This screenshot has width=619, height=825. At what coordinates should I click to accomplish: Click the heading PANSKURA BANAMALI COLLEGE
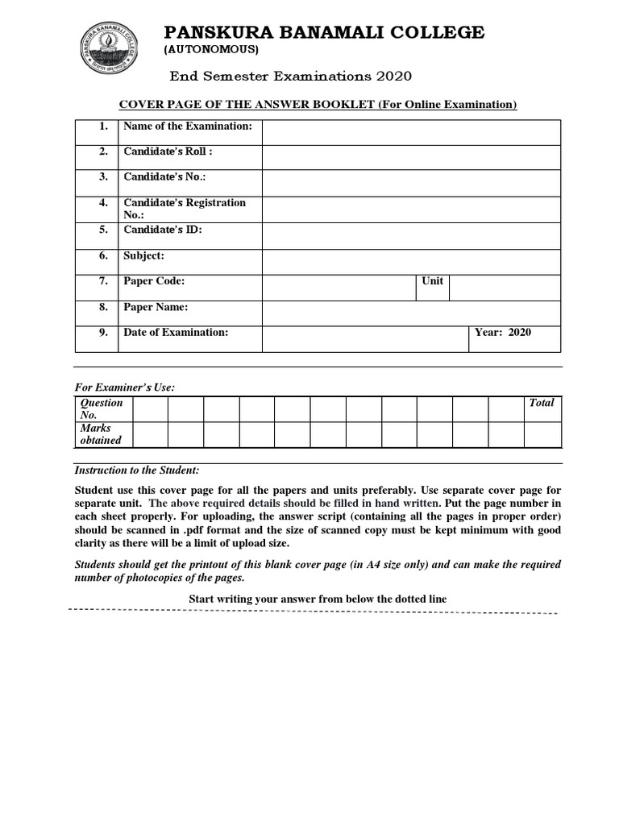coord(324,32)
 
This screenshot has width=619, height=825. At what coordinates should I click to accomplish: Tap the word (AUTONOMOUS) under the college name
coord(211,50)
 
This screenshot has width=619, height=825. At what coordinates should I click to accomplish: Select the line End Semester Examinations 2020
coord(290,77)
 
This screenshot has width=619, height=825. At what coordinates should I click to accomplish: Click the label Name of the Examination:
coord(187,126)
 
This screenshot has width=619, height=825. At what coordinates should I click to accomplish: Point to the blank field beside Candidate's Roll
coord(411,157)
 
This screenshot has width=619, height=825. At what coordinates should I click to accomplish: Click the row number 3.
coord(103,177)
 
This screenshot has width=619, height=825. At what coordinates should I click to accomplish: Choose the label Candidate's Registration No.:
coord(185,209)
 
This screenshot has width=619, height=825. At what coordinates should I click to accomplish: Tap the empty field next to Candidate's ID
coord(411,236)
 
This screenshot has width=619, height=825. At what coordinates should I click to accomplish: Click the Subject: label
coord(143,255)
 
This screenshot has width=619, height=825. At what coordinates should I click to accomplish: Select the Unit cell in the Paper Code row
coord(432,281)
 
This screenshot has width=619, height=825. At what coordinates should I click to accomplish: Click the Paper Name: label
coord(156,307)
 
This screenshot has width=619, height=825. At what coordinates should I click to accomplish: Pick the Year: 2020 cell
coord(503,332)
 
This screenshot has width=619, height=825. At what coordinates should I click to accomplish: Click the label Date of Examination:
coord(176,332)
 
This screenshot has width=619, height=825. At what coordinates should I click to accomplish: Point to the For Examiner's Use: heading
coord(125,388)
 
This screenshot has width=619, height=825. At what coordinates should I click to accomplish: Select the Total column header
coord(542,403)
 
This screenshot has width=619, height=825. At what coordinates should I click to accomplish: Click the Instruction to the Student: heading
coord(136,471)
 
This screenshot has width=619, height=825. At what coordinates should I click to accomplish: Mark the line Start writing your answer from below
coord(317,599)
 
